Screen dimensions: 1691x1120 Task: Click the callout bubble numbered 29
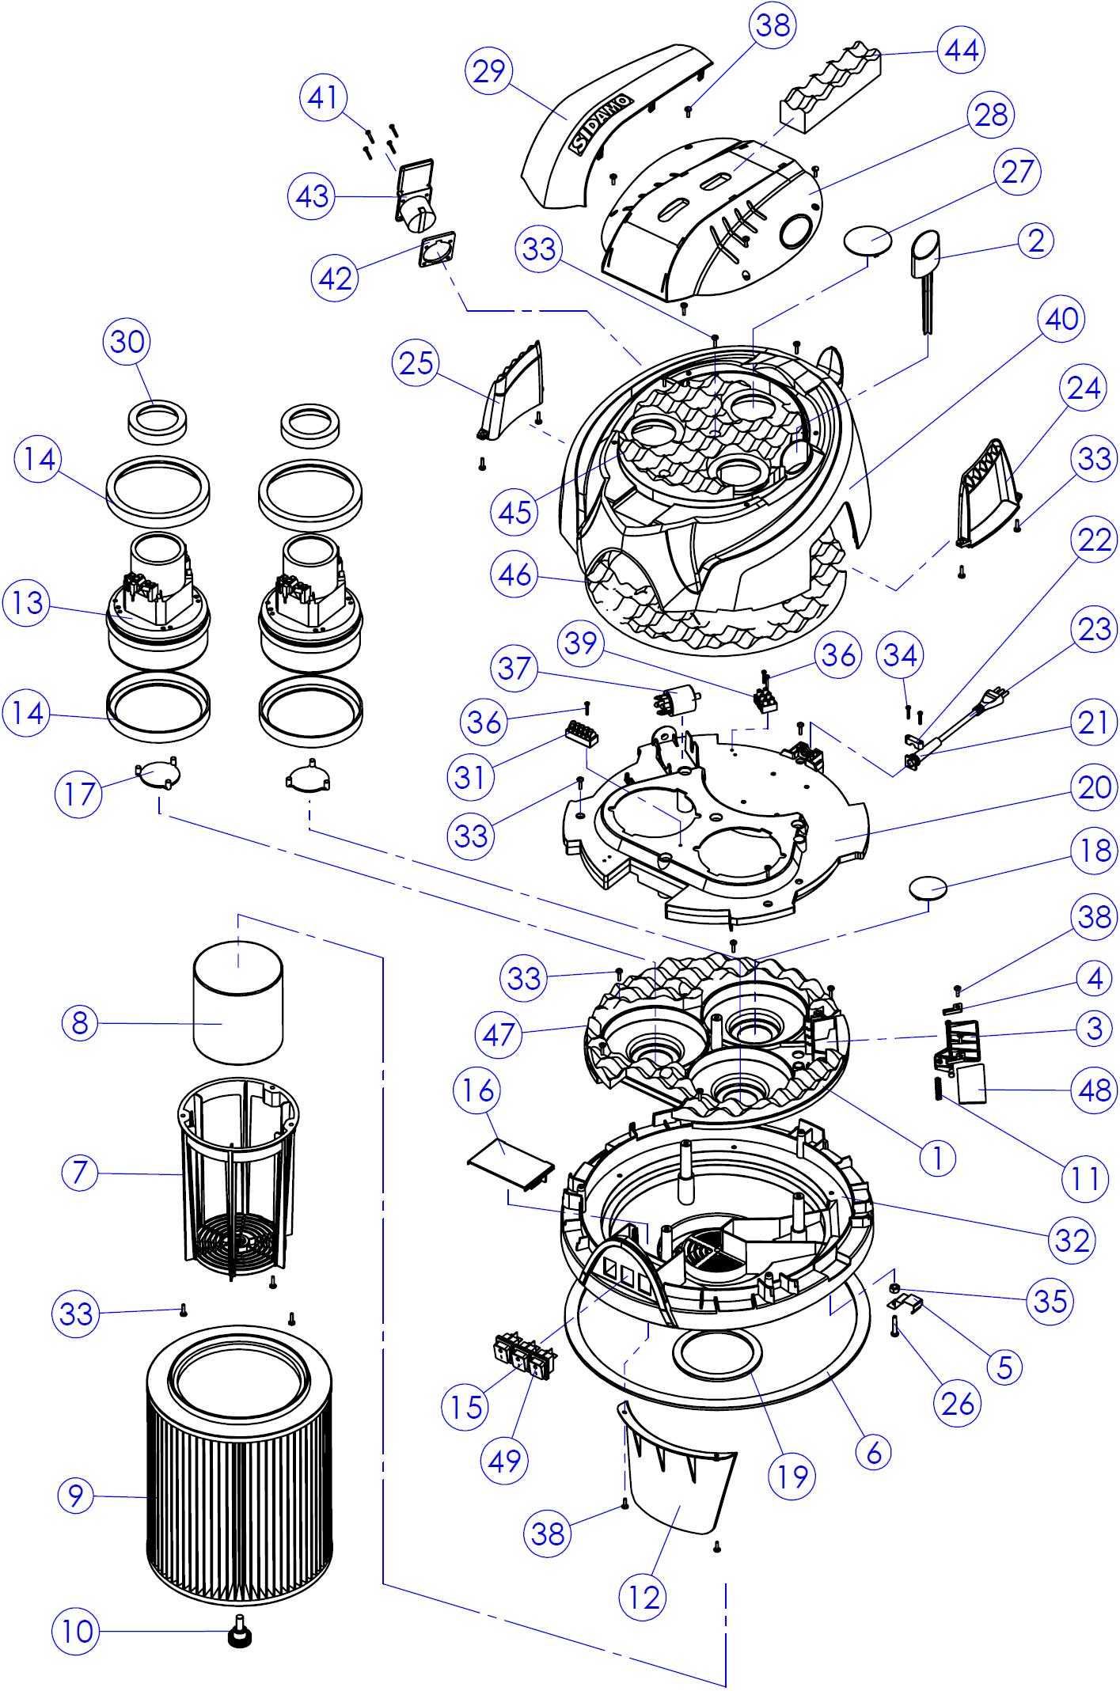tap(490, 70)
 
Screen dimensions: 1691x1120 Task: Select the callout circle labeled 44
tap(962, 50)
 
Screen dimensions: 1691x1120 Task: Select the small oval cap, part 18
tap(930, 887)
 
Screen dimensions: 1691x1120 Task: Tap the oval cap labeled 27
tap(868, 238)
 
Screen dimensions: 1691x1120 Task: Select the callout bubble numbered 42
tap(336, 278)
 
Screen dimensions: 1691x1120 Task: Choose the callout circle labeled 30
tap(127, 342)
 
